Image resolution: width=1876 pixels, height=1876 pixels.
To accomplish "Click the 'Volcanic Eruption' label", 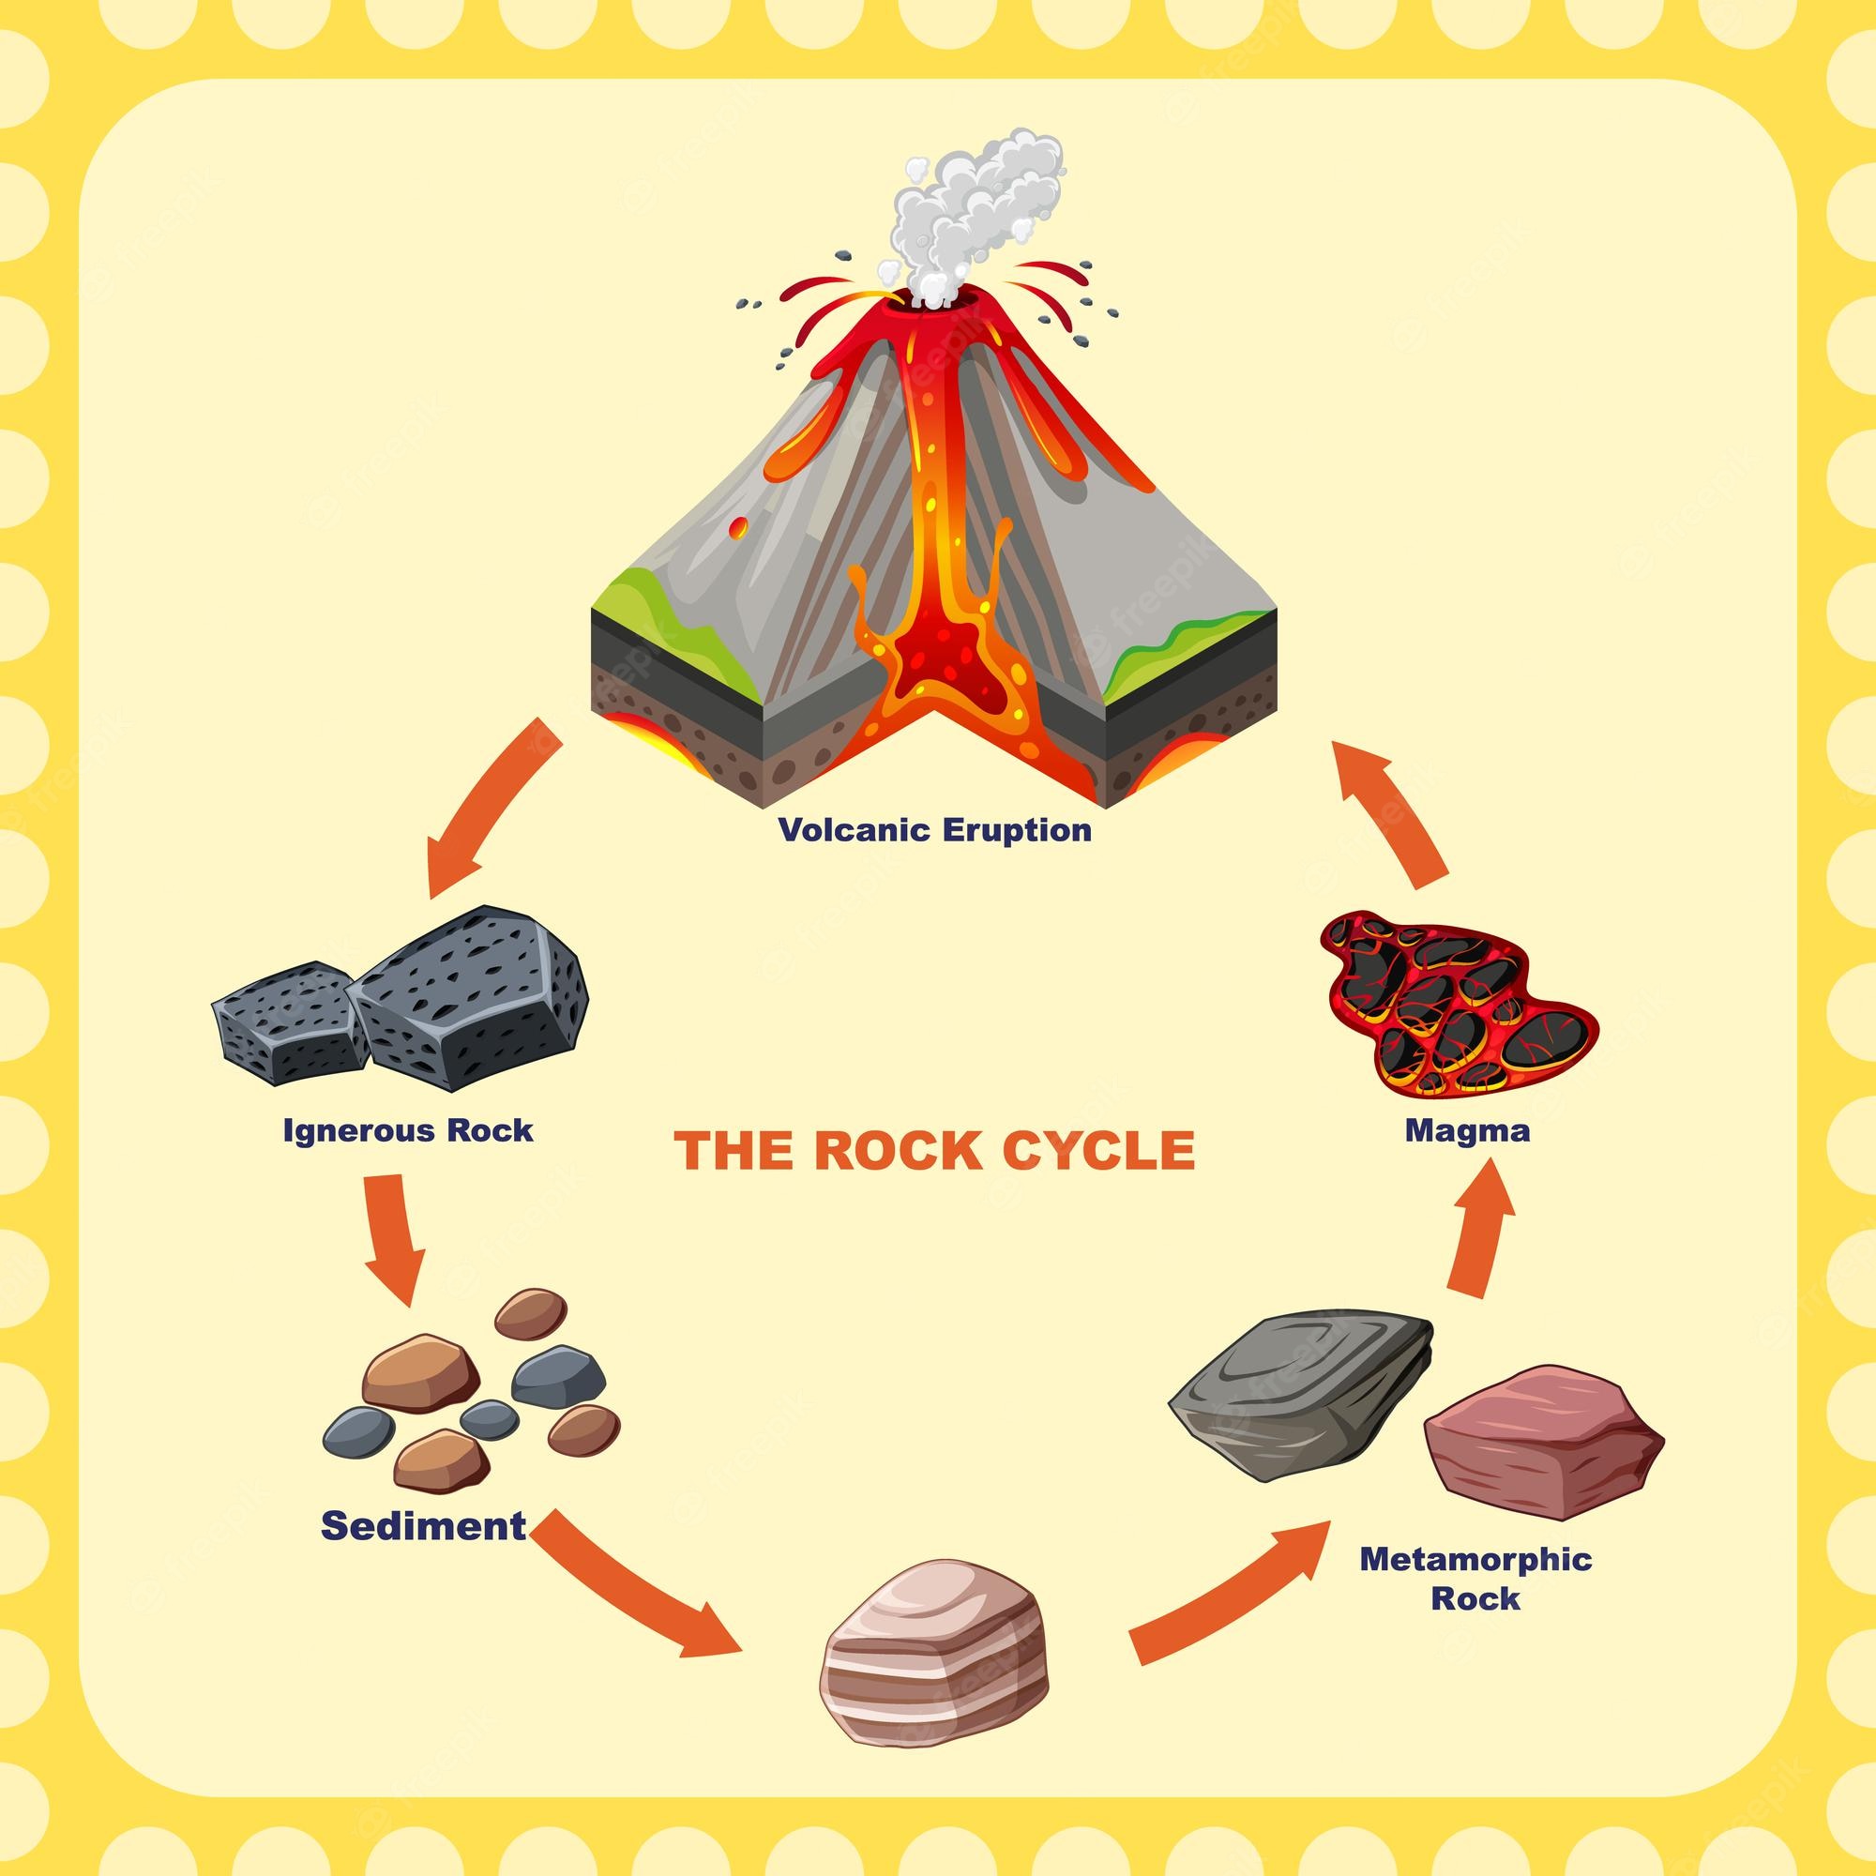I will [x=934, y=830].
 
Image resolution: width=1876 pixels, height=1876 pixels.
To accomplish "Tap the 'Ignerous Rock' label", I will [x=408, y=1130].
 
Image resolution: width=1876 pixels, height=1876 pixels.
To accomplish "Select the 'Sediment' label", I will [x=423, y=1525].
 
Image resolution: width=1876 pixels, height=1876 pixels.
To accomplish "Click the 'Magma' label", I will [x=1467, y=1130].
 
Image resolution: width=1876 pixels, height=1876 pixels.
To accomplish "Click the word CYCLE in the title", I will [x=1098, y=1151].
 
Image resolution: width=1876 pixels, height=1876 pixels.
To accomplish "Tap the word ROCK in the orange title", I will [x=884, y=1151].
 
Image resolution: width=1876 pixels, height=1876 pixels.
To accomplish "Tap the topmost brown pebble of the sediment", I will [x=530, y=1314].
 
